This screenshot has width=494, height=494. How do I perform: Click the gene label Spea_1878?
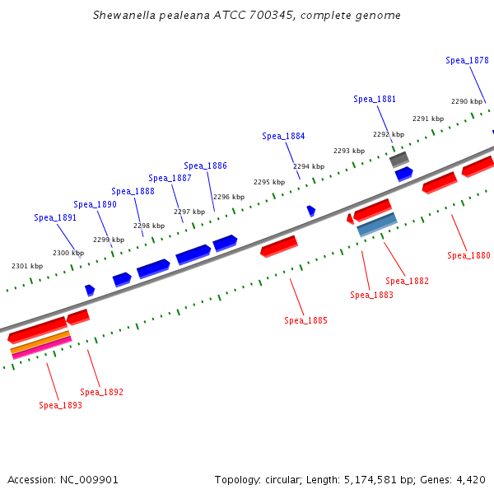[x=467, y=60]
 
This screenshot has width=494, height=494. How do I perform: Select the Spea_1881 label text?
[x=375, y=99]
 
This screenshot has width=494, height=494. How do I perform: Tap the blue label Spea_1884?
[x=283, y=136]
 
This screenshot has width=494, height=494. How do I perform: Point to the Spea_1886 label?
[x=205, y=165]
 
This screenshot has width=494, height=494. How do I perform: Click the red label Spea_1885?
[x=305, y=320]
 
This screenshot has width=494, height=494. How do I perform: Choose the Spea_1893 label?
[x=60, y=405]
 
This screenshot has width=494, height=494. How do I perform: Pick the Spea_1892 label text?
[x=101, y=392]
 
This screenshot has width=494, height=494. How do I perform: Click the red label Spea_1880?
[x=468, y=255]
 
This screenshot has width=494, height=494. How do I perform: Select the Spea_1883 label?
[x=371, y=295]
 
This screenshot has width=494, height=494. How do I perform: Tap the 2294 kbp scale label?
[x=309, y=166]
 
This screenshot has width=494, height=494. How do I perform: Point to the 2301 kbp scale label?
[x=26, y=266]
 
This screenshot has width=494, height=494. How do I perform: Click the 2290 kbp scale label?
[x=466, y=101]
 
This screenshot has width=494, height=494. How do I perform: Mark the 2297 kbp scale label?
[x=189, y=212]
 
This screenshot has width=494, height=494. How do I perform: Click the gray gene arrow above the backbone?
[x=398, y=158]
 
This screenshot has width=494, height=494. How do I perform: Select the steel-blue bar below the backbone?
[x=377, y=225]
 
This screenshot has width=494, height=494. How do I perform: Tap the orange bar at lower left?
[x=40, y=343]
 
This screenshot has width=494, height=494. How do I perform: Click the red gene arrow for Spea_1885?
[x=278, y=245]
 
